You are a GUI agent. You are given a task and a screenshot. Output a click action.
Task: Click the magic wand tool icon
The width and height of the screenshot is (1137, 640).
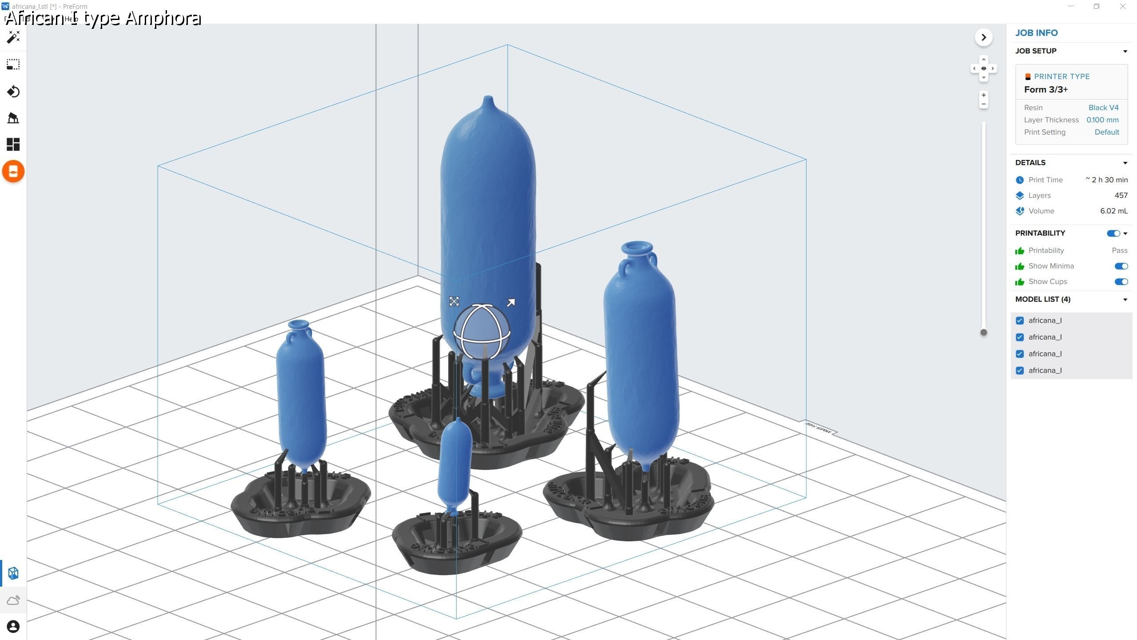tap(13, 37)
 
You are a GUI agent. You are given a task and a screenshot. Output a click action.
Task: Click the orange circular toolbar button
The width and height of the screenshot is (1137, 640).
tap(13, 172)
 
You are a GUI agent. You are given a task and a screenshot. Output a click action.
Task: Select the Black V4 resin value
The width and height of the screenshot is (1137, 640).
tap(1103, 108)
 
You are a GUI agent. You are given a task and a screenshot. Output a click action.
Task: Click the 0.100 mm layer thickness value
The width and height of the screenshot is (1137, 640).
tap(1102, 120)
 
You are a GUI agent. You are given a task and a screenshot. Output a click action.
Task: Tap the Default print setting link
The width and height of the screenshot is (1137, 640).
tap(1106, 132)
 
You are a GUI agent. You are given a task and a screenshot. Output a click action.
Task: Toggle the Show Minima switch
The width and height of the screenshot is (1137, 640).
tap(1121, 266)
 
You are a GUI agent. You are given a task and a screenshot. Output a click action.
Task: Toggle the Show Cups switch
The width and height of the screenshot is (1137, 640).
tap(1121, 282)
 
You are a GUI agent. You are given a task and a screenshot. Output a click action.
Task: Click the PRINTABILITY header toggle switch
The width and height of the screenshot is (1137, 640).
tap(1113, 233)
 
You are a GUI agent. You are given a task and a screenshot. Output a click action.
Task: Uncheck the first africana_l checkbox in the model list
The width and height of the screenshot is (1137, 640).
tap(1020, 320)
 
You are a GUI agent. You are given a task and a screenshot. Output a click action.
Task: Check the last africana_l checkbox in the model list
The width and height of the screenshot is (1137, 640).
tap(1020, 371)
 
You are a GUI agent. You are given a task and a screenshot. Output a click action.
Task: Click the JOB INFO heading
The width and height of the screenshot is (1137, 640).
tap(1036, 33)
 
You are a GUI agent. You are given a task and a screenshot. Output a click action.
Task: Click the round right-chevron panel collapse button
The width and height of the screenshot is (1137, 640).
tap(983, 37)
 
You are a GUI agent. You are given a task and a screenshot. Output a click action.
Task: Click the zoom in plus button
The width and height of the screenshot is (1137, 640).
tap(983, 95)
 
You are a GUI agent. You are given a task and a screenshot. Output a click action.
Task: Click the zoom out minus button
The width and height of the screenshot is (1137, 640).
tap(983, 104)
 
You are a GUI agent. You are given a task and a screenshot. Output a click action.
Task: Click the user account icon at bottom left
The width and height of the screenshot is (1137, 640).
tap(13, 627)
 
